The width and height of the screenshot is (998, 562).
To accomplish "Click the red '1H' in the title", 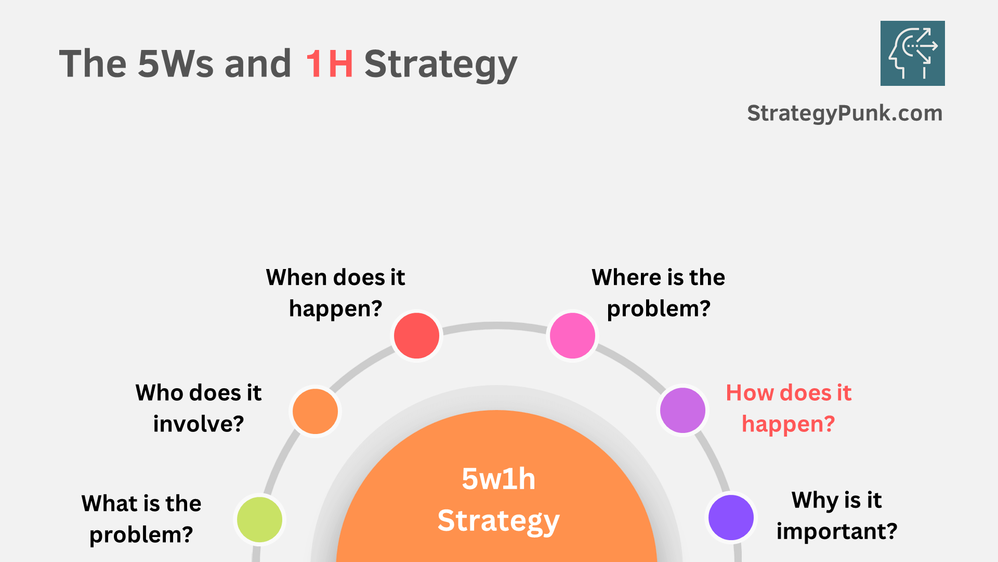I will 329,64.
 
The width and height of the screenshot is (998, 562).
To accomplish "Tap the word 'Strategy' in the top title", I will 440,65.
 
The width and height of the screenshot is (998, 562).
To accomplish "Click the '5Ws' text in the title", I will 175,64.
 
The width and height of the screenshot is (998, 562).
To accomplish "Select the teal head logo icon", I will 912,53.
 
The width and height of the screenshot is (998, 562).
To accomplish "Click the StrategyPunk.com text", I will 844,113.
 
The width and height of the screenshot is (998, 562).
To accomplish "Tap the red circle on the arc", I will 416,336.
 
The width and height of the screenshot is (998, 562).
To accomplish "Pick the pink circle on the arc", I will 572,336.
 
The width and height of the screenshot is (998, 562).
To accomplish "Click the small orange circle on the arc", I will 315,411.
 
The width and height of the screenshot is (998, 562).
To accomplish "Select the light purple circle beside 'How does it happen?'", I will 682,410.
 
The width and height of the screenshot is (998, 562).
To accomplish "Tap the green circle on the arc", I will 259,519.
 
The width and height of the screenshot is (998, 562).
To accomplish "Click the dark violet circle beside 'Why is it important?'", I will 731,517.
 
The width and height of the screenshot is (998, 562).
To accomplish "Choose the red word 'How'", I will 748,393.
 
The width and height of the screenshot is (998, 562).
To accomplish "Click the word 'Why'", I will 815,501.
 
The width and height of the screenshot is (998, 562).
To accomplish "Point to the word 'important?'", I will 837,531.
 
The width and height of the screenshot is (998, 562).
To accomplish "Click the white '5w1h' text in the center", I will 498,479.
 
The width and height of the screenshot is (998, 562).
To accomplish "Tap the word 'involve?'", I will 199,424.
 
